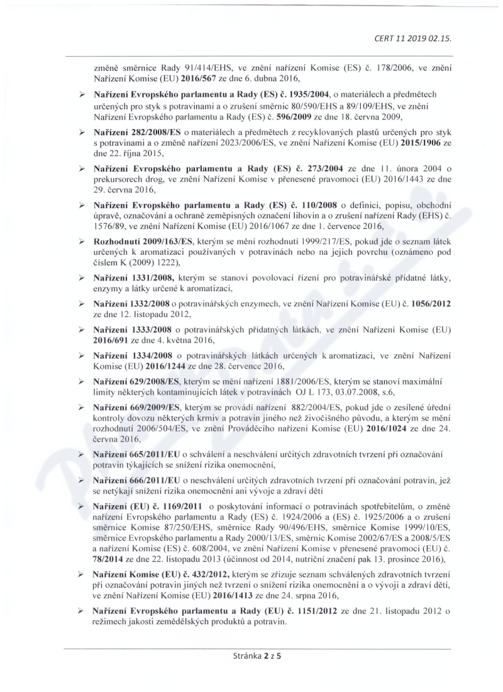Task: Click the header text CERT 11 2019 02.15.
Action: coord(414,38)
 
